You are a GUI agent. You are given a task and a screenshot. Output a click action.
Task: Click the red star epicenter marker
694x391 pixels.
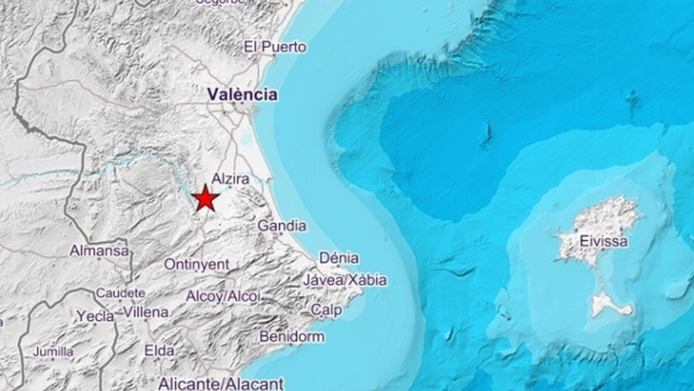[x=205, y=199]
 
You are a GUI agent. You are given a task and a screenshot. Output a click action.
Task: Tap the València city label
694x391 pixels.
[x=242, y=94]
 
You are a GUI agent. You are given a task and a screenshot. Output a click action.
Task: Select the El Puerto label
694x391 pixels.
[x=275, y=47]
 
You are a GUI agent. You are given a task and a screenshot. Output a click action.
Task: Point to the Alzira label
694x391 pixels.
[x=230, y=179]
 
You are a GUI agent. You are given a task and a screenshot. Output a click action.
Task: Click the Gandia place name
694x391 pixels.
[x=282, y=226]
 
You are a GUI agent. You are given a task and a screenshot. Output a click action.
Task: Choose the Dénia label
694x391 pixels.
[x=339, y=258]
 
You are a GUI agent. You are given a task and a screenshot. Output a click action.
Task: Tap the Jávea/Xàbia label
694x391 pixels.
[x=344, y=280]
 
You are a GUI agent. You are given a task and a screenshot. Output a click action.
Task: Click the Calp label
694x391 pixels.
[x=326, y=310]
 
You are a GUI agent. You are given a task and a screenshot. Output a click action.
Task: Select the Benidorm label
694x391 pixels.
[x=292, y=336]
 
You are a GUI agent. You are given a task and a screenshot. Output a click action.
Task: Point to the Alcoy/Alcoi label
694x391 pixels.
[x=223, y=297]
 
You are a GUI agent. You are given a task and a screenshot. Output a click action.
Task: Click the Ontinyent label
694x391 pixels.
[x=196, y=264]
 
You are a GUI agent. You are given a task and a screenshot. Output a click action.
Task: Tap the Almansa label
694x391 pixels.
[x=99, y=251]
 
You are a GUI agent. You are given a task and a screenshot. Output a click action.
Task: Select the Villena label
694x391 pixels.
[x=146, y=312]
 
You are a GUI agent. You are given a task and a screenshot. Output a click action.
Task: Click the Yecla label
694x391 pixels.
[x=95, y=316]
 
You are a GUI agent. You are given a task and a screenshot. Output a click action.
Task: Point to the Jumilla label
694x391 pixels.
[x=53, y=351]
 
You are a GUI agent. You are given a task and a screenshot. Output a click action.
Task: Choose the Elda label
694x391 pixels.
[x=159, y=351]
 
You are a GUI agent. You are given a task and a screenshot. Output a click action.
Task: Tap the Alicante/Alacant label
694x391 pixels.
[x=221, y=384]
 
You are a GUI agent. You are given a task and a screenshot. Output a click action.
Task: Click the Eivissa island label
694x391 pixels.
[x=603, y=242]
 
